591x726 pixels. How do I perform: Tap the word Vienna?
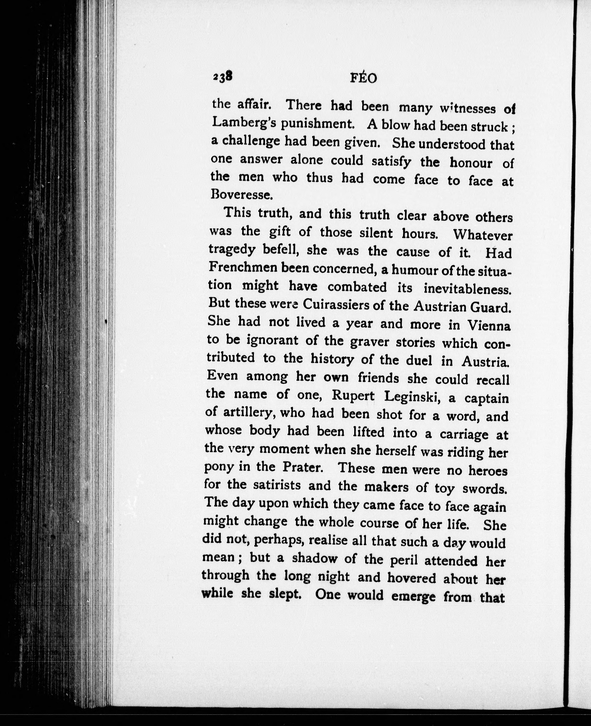[489, 326]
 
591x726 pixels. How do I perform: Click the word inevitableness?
[467, 289]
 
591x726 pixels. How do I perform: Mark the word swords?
[485, 489]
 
